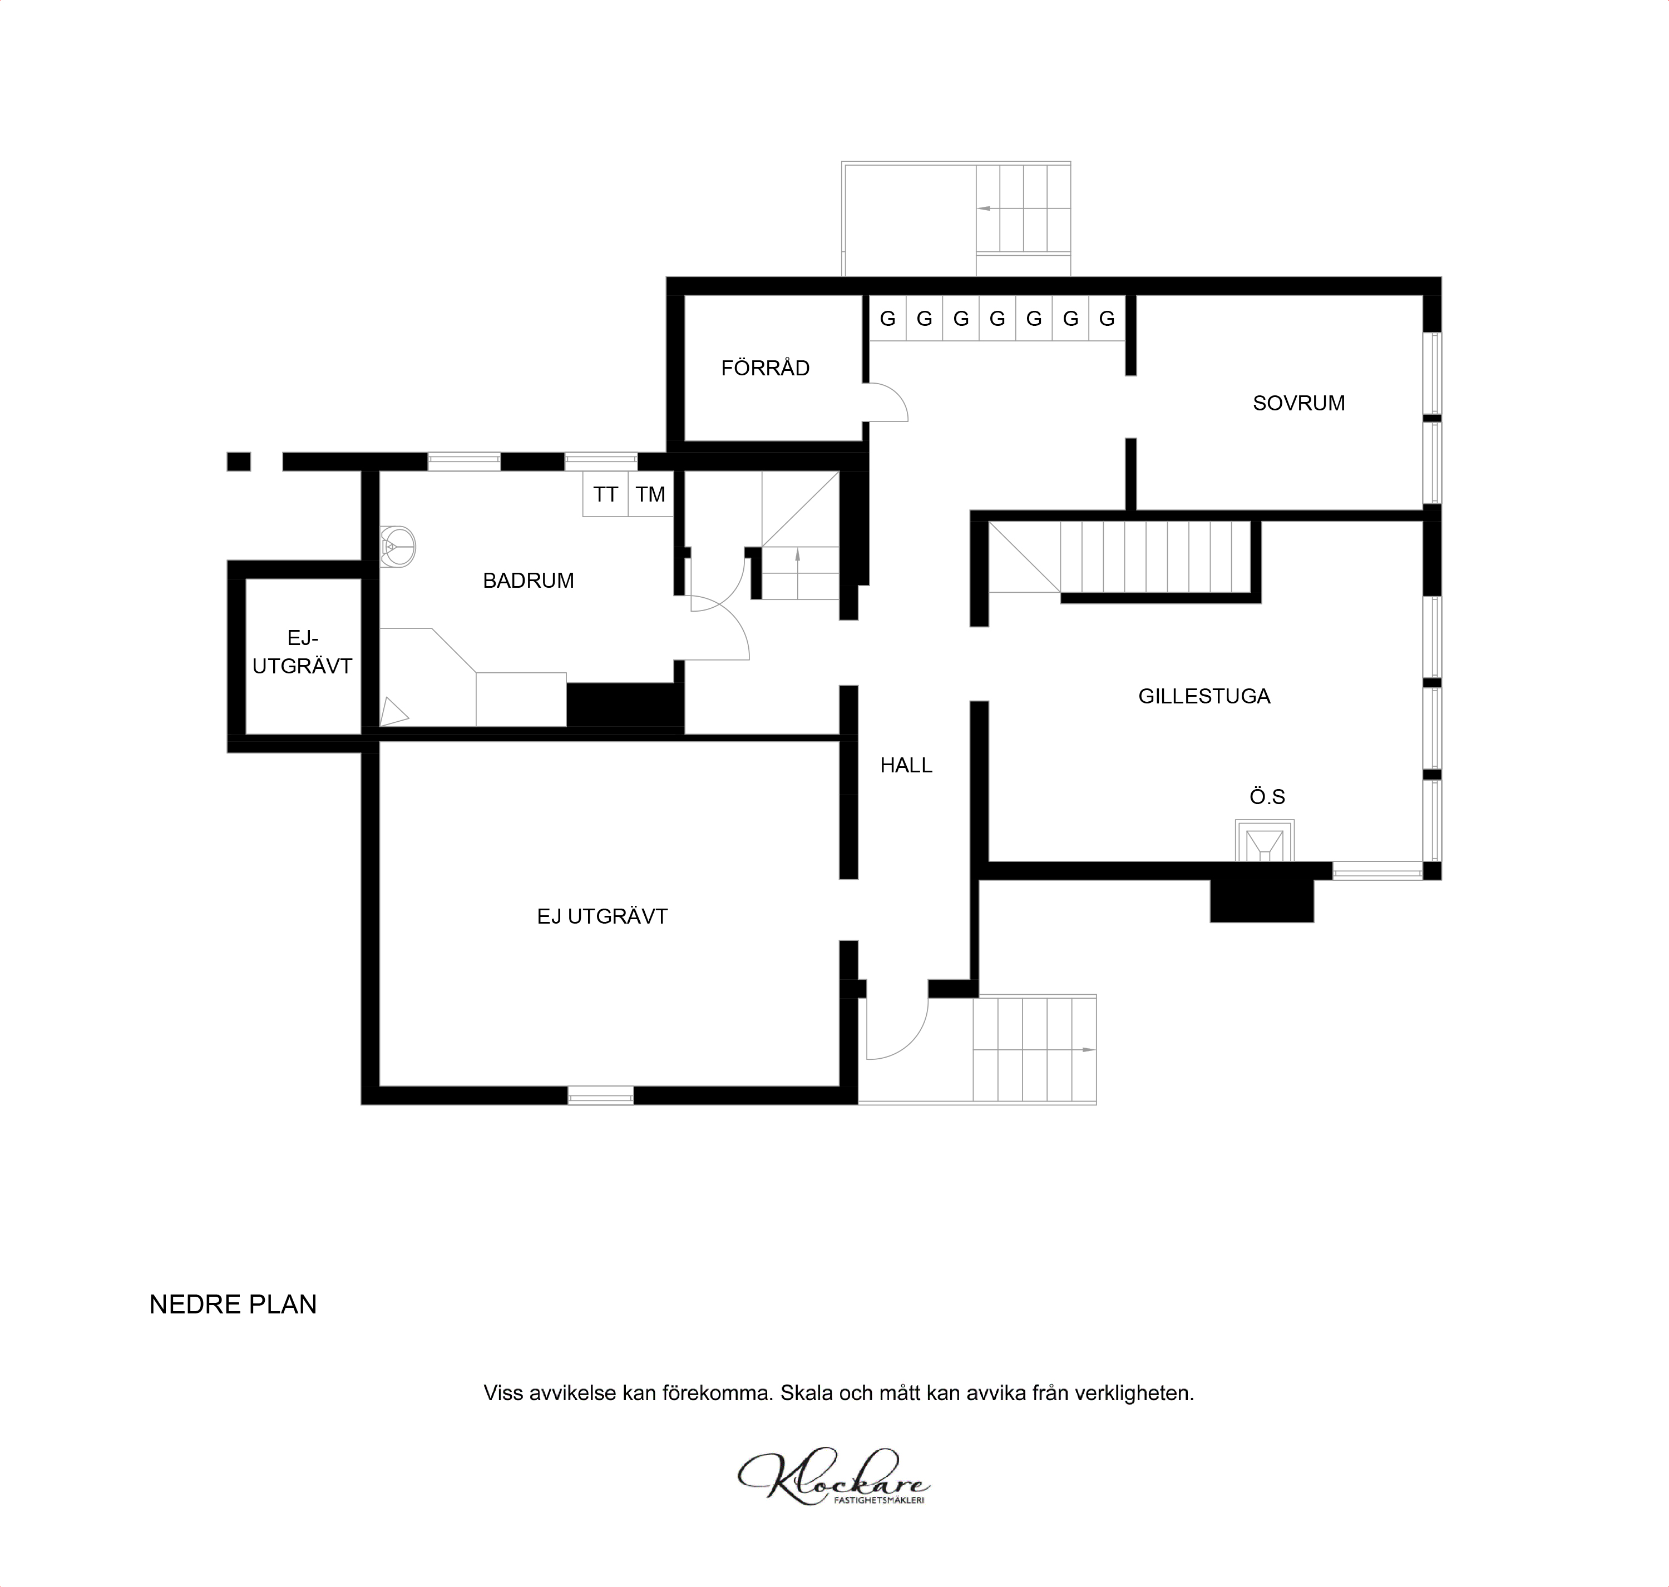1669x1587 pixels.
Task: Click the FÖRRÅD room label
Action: click(765, 368)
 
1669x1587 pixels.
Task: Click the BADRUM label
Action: click(528, 581)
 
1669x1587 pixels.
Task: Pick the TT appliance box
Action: click(605, 494)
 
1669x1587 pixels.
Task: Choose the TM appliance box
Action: click(650, 494)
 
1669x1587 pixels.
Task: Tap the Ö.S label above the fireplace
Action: click(1267, 797)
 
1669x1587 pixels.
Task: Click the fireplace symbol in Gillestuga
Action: click(1265, 841)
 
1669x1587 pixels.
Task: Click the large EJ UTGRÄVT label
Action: click(602, 916)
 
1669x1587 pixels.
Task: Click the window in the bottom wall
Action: click(600, 1095)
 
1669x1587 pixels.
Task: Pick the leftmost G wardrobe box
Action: click(888, 319)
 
